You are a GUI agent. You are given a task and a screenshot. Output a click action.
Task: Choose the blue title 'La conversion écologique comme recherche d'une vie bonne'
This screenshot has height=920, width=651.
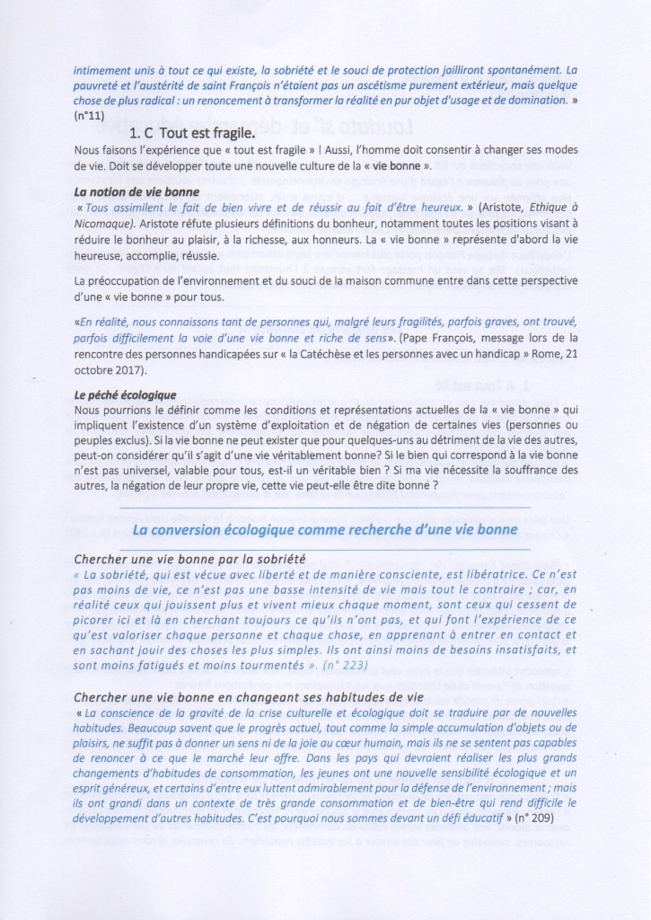[x=324, y=530]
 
